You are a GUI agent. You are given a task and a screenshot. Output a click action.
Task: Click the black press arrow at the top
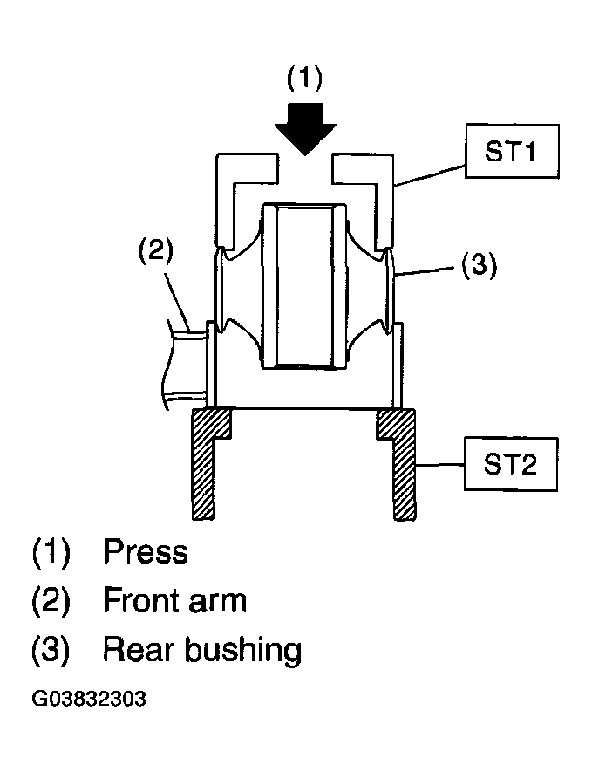(x=305, y=129)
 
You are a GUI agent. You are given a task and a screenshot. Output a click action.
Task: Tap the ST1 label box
(x=512, y=151)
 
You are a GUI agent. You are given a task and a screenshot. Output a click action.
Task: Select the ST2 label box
(x=511, y=464)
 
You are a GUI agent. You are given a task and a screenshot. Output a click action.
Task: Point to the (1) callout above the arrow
(x=305, y=79)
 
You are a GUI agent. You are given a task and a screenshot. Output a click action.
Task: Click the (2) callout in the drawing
(x=155, y=250)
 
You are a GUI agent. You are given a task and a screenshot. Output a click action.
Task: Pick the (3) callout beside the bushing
(x=479, y=265)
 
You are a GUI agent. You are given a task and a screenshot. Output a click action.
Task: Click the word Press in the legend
(x=146, y=551)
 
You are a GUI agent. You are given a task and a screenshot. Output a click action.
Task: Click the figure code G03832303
(x=89, y=699)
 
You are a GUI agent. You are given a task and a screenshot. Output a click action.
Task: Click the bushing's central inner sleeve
(x=305, y=286)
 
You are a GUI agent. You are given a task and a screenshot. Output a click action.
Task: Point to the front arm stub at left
(x=186, y=366)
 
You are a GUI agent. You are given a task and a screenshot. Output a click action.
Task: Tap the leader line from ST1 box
(x=430, y=175)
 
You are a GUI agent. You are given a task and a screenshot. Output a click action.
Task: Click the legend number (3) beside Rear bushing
(x=51, y=650)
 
